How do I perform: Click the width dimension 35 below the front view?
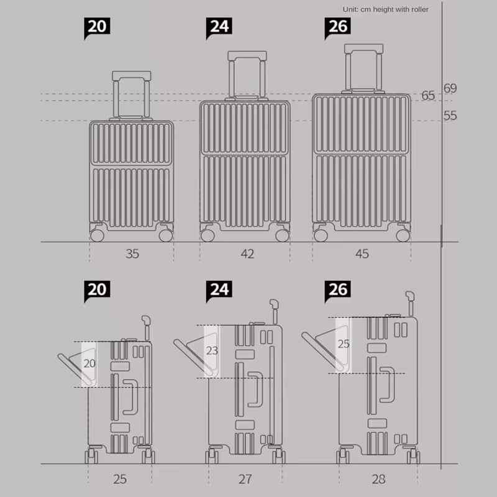(132, 253)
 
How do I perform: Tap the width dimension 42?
(247, 253)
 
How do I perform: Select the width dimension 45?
(362, 253)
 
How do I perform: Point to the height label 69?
(450, 88)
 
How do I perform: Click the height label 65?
(428, 96)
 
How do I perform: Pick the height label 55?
(450, 116)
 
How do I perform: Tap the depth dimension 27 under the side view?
(245, 479)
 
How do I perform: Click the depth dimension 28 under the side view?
(378, 479)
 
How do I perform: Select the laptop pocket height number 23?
(212, 350)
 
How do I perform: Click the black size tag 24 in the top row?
(219, 27)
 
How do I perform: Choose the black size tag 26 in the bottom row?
(337, 290)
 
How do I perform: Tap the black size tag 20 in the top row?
(97, 27)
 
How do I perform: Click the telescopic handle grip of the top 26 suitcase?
(363, 48)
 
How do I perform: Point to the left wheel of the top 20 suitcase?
(97, 235)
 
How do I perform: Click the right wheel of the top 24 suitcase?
(282, 235)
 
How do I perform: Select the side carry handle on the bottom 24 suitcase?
(255, 390)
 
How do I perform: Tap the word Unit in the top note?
(350, 9)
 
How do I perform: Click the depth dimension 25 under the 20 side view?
(120, 479)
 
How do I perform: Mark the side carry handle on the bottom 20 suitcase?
(130, 397)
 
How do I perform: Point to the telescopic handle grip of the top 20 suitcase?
(132, 76)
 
